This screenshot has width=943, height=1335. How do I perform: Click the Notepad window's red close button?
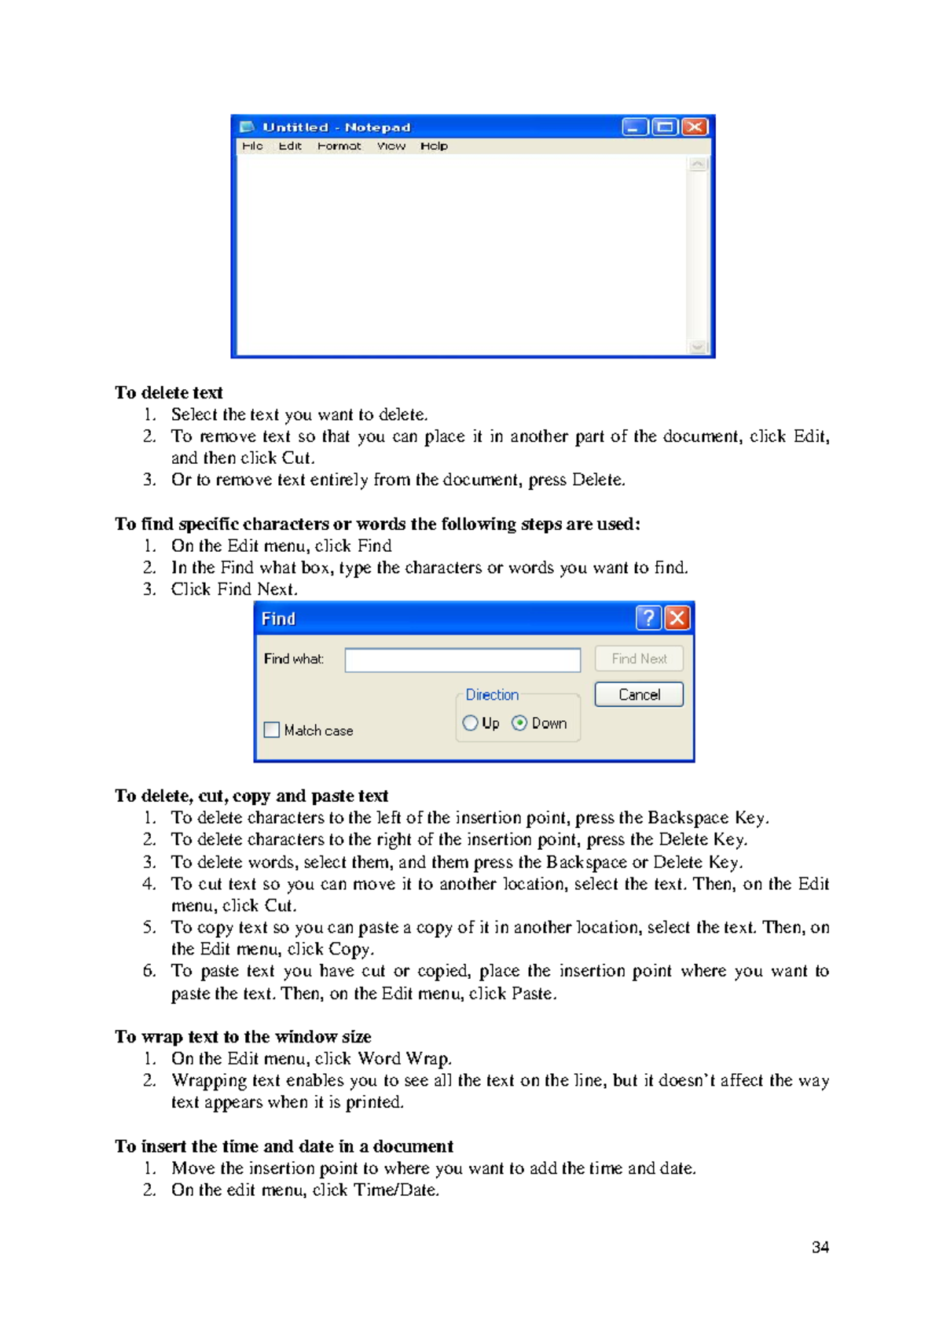tap(695, 127)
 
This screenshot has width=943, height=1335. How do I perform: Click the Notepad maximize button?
tap(665, 127)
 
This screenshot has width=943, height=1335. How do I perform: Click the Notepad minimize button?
tap(635, 127)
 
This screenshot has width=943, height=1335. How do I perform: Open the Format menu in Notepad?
tap(339, 146)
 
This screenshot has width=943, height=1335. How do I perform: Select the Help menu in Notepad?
tap(434, 146)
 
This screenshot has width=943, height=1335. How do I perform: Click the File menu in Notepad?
tap(252, 146)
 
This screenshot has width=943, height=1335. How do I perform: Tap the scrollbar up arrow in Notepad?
tap(697, 164)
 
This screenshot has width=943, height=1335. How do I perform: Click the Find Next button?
tap(639, 659)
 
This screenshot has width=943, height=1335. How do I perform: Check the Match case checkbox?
tap(272, 730)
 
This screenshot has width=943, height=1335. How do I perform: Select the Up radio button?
tap(470, 723)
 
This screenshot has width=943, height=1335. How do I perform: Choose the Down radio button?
tap(519, 723)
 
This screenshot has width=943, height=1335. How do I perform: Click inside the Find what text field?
tap(462, 660)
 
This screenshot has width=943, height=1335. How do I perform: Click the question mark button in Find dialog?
tap(648, 619)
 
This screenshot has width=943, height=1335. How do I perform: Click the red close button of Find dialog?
tap(677, 619)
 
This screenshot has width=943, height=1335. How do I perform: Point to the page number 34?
tap(820, 1248)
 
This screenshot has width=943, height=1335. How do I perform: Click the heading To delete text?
tap(169, 393)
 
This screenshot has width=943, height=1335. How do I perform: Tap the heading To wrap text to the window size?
tap(243, 1037)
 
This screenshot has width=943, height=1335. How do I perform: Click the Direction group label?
tap(492, 695)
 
